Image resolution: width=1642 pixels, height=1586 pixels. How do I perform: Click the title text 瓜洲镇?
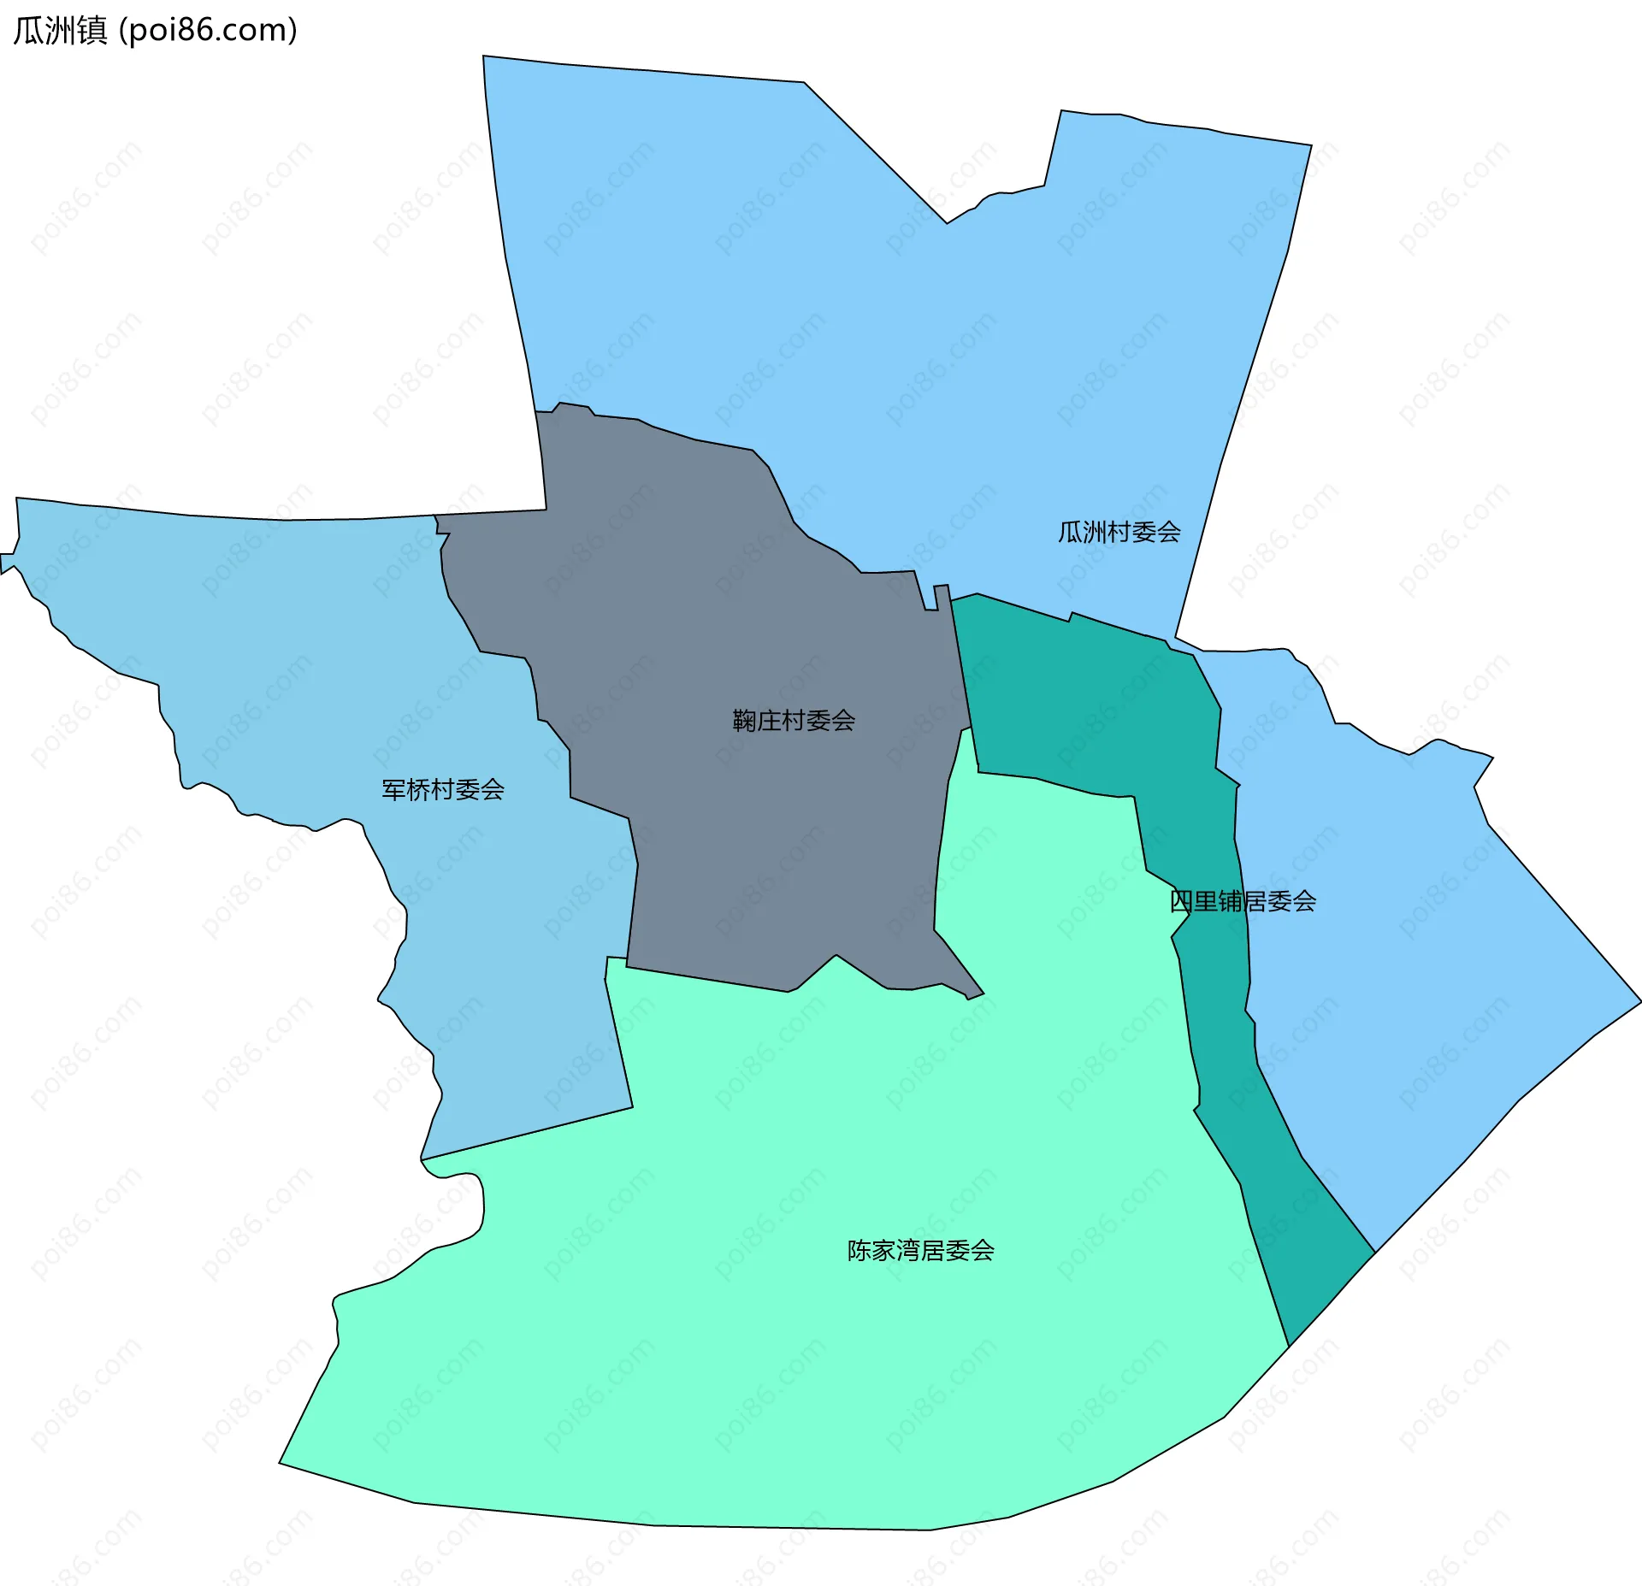60,31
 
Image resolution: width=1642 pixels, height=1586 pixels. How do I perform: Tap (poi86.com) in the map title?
208,31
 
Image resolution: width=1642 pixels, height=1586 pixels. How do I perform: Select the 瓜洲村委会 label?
1119,533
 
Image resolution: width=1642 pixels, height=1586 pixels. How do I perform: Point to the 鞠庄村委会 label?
794,721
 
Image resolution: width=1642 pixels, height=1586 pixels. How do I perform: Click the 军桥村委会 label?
442,789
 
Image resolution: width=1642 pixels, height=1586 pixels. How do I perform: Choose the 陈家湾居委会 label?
920,1251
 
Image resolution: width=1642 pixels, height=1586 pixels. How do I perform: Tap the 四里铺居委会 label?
1242,901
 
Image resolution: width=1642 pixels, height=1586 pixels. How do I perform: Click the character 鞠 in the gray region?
745,721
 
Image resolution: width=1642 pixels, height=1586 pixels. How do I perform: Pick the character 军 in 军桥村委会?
393,789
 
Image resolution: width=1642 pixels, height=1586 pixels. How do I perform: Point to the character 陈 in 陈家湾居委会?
859,1251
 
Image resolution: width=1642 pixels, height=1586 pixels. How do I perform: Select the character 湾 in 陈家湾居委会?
908,1251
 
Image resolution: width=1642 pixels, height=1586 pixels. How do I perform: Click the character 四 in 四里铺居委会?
1181,901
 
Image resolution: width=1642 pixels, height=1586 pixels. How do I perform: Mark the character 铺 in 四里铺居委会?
1230,901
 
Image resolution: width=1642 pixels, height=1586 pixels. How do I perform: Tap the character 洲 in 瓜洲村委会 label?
1095,533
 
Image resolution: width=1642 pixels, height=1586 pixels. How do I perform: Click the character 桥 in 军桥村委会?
418,789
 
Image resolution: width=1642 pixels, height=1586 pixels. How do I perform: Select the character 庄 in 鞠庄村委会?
770,721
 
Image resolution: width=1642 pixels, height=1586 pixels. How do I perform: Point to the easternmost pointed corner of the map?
1639,1002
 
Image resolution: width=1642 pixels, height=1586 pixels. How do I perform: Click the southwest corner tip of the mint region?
281,1462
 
